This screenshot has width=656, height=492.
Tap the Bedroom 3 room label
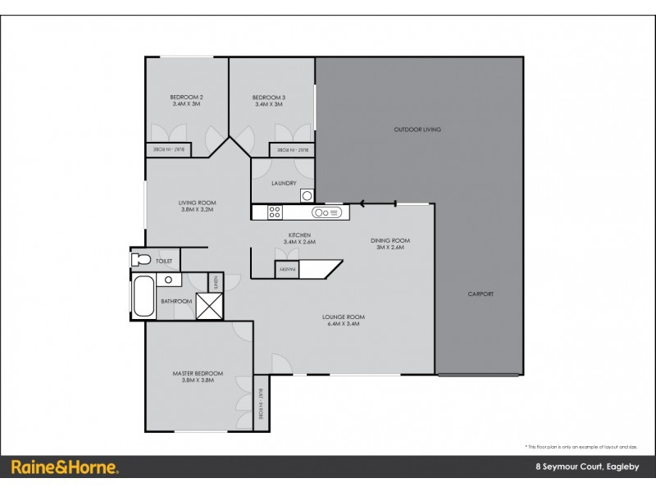(x=268, y=101)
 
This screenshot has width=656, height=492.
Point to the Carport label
(x=481, y=294)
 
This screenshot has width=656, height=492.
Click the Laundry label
(x=284, y=183)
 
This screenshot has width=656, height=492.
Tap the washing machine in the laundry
(x=307, y=194)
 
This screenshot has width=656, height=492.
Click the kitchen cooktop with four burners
(x=275, y=212)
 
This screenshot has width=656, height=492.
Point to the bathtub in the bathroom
(x=143, y=297)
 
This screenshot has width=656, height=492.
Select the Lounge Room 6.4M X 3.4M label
(x=344, y=320)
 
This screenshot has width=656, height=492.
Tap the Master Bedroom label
(x=198, y=376)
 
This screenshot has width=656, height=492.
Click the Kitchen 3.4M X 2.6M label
(x=299, y=239)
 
